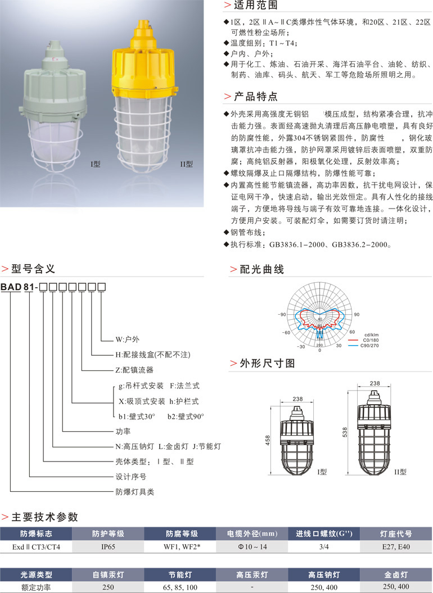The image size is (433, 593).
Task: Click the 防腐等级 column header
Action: [181, 533]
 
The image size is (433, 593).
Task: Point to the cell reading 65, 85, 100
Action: [181, 587]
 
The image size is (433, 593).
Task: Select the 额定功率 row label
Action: [36, 587]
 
